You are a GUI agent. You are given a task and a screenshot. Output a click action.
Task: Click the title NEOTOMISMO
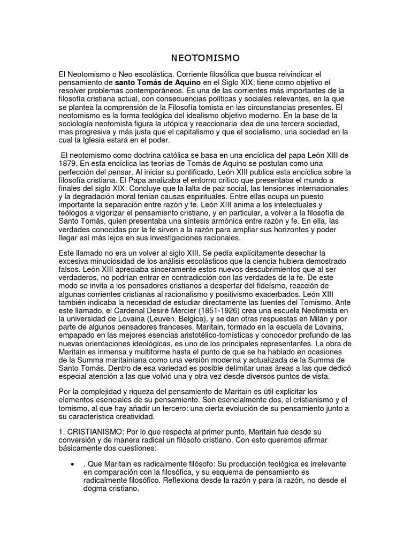(x=205, y=57)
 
